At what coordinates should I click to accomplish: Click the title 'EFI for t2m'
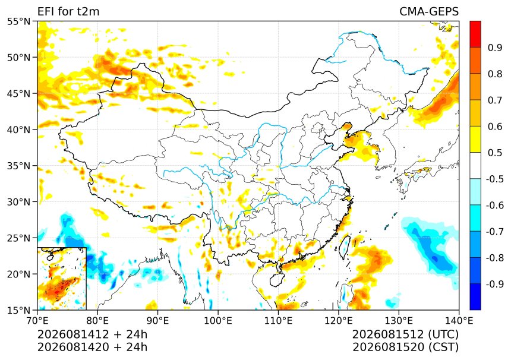(68, 11)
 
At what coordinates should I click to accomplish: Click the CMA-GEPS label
(429, 11)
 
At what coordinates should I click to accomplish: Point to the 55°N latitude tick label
(18, 21)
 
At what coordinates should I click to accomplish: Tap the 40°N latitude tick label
(18, 130)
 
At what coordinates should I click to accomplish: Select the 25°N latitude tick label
(18, 238)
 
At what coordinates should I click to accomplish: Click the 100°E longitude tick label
(218, 321)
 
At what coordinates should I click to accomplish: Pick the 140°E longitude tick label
(459, 321)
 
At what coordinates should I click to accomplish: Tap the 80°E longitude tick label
(97, 321)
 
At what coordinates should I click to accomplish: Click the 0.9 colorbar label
(495, 48)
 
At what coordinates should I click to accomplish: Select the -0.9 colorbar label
(495, 284)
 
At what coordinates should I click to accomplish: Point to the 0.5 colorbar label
(495, 153)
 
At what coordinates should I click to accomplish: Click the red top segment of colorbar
(475, 34)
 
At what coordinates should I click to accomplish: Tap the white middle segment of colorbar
(475, 166)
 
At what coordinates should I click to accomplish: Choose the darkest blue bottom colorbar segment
(475, 297)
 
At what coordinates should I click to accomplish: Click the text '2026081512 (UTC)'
(405, 334)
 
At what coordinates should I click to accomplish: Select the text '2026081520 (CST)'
(405, 348)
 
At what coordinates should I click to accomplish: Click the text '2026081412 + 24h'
(92, 334)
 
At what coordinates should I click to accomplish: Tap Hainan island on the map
(276, 280)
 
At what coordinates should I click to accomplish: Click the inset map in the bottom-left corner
(62, 279)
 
